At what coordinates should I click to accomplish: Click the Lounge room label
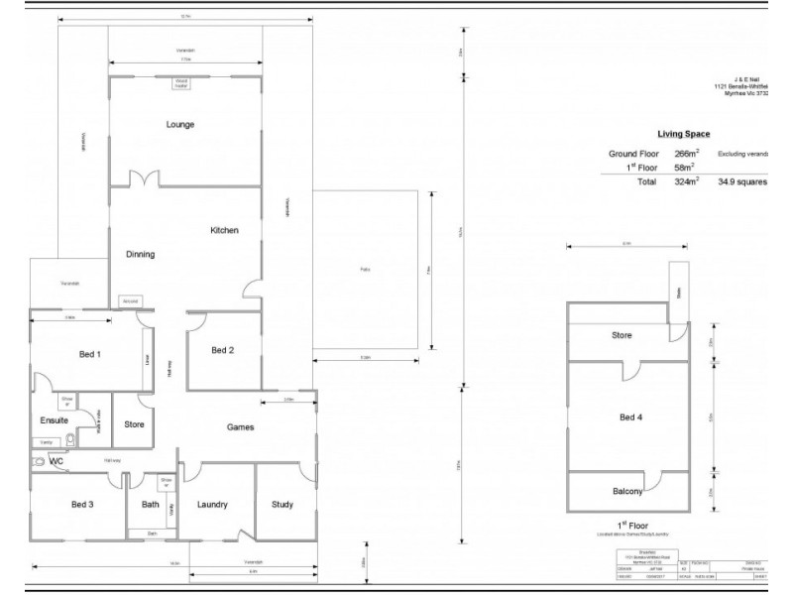(x=180, y=125)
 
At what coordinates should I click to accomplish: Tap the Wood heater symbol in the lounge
(x=181, y=84)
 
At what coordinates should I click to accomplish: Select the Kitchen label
(x=224, y=230)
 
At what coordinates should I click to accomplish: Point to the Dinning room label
(x=140, y=254)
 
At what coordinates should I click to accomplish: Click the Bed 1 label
(x=90, y=354)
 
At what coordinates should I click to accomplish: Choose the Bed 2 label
(x=223, y=350)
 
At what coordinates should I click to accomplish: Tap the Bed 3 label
(x=82, y=505)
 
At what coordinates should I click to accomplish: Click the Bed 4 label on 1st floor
(x=630, y=417)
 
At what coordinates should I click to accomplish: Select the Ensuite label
(x=55, y=420)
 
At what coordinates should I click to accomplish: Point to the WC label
(x=56, y=461)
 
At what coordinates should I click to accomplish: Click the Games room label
(x=240, y=427)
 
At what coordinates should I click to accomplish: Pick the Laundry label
(x=212, y=505)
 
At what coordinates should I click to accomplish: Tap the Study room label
(x=283, y=505)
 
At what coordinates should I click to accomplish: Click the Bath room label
(x=151, y=505)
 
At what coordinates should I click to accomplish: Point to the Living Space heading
(x=683, y=133)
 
